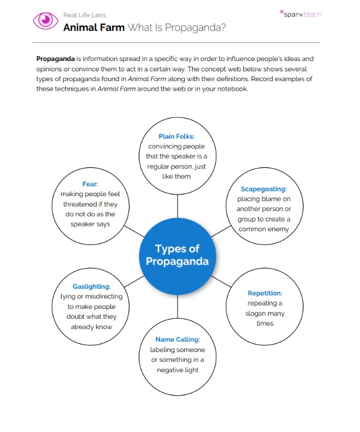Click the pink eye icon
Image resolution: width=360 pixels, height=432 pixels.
click(x=45, y=21)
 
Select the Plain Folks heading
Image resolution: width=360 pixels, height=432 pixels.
click(x=177, y=136)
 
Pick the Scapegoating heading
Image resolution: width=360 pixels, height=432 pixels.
click(x=264, y=189)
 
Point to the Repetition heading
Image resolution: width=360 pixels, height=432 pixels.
click(x=265, y=293)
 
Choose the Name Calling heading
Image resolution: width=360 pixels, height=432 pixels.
click(x=177, y=339)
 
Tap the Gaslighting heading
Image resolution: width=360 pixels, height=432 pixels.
click(x=91, y=286)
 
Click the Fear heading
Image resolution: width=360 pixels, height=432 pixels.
click(x=90, y=184)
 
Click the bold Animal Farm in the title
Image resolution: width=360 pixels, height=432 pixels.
click(x=94, y=27)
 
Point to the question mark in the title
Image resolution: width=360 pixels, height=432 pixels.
click(x=222, y=27)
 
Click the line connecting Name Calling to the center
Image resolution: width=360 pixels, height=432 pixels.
click(x=177, y=307)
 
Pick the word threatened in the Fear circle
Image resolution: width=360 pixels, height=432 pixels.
click(x=79, y=204)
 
